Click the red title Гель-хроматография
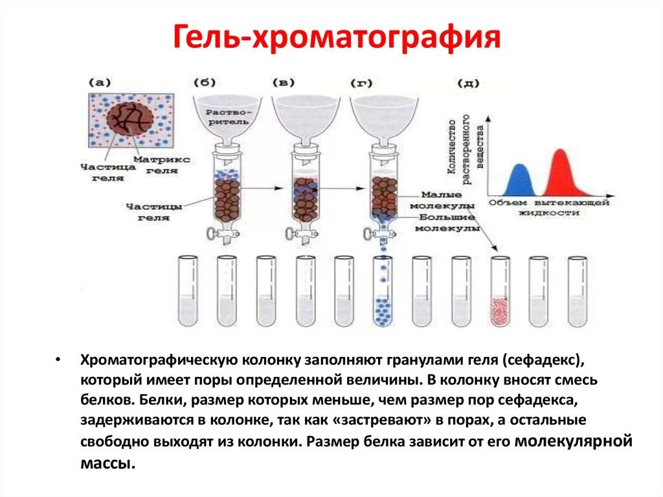coord(336,38)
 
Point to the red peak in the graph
coord(561,174)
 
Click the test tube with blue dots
coord(383,292)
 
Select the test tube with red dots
coord(499,292)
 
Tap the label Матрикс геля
coord(163,164)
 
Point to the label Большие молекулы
coord(446,223)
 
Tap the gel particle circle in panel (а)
coord(129,121)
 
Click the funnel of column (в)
coord(305,117)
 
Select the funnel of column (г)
coord(383,117)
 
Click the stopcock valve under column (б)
coord(212,234)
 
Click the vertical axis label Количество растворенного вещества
coord(464,146)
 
